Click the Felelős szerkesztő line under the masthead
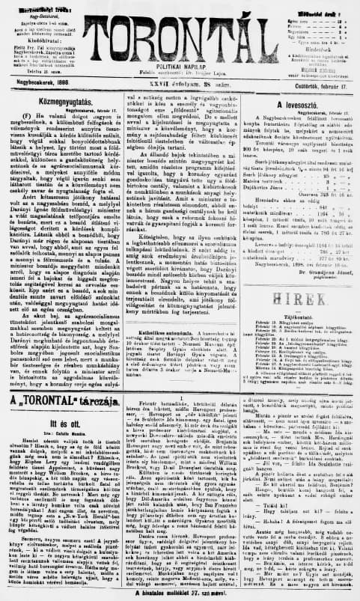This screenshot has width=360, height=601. [x=180, y=73]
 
